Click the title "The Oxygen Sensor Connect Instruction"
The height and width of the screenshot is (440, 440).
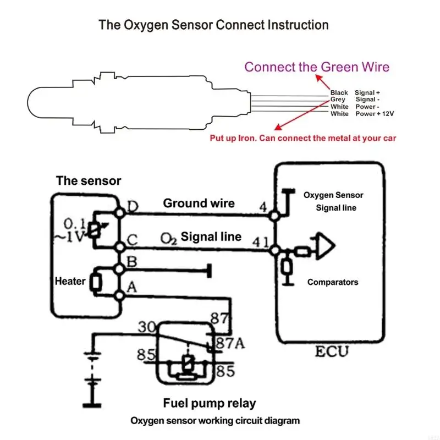click(x=213, y=25)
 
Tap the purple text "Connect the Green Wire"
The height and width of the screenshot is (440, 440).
click(x=317, y=67)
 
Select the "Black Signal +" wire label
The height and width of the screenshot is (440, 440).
click(x=355, y=92)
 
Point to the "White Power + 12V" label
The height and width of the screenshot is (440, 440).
click(x=362, y=114)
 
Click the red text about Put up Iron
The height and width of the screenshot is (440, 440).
click(x=302, y=138)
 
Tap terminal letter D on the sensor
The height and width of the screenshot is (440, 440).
click(x=133, y=206)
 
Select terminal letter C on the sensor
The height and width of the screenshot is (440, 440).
click(x=133, y=241)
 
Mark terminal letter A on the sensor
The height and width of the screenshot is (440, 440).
click(x=132, y=287)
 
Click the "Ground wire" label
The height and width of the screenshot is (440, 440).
click(x=199, y=204)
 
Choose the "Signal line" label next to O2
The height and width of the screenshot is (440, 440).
click(x=211, y=237)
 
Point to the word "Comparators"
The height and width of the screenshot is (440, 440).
click(x=333, y=282)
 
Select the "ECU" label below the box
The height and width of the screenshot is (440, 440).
click(x=332, y=351)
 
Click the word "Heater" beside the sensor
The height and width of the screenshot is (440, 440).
click(x=70, y=281)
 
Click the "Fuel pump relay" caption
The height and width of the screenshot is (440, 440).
click(x=210, y=403)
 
